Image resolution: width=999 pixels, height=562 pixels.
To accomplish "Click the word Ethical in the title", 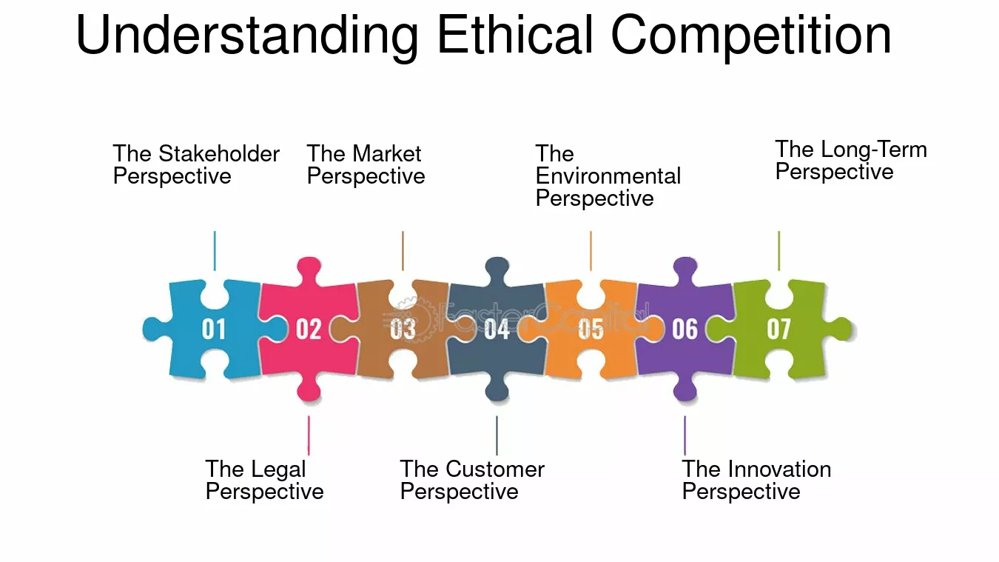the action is (x=515, y=35).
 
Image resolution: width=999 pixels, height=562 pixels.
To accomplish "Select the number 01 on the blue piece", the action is (x=214, y=329).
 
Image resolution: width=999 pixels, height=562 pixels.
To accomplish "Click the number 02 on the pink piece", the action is (x=309, y=329).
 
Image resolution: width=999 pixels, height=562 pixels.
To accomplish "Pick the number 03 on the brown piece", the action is (x=403, y=329).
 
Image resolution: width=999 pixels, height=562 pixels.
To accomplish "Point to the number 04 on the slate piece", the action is (x=497, y=329).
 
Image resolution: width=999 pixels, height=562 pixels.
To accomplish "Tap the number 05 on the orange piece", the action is (x=591, y=329).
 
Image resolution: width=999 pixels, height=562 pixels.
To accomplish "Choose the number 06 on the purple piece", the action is (x=685, y=329).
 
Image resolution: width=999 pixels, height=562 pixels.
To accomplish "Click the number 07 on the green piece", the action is (x=779, y=329).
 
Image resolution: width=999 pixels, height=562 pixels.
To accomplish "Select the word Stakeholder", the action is (x=219, y=154).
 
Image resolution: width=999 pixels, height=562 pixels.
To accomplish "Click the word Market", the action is (x=386, y=154).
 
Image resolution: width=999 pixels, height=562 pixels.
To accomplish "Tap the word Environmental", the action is (x=608, y=176).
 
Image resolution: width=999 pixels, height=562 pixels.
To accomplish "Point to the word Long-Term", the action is (x=874, y=150).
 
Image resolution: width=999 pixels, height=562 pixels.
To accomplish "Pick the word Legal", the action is (x=279, y=470).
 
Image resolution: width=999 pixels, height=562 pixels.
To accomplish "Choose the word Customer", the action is (x=495, y=469).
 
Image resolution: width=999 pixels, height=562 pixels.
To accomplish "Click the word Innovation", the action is (x=779, y=469).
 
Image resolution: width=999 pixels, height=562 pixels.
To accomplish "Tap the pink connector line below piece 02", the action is (x=309, y=435).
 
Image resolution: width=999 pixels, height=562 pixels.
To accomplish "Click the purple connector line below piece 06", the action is (x=685, y=435).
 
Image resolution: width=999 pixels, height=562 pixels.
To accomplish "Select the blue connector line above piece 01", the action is (x=215, y=251).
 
